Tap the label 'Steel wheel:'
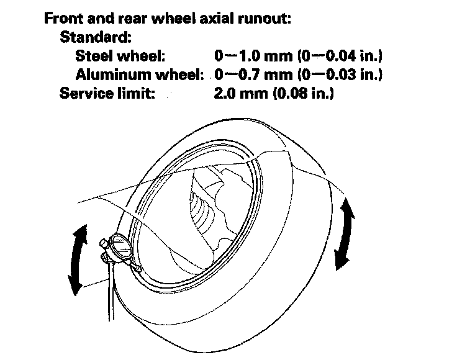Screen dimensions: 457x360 pyautogui.click(x=120, y=56)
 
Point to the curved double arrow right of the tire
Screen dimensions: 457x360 pyautogui.click(x=345, y=233)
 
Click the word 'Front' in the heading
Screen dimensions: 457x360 pyautogui.click(x=63, y=18)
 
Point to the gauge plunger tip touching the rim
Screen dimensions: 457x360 pyautogui.click(x=137, y=269)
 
